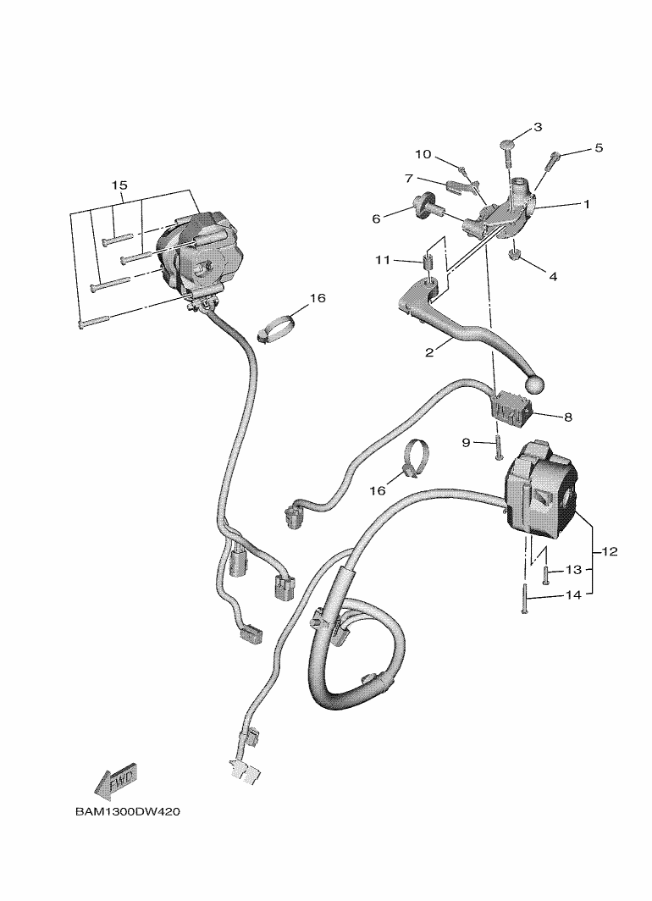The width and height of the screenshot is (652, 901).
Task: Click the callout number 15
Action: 119,185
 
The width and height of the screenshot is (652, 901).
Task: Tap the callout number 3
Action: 537,128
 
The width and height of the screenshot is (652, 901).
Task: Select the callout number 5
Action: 598,148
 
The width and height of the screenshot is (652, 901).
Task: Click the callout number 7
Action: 408,179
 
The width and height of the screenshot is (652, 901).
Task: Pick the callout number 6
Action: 376,218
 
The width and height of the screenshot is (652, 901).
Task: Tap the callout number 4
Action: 552,276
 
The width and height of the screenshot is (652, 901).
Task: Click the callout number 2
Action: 429,352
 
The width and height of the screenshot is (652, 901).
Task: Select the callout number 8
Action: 567,417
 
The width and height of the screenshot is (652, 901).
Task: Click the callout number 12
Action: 610,552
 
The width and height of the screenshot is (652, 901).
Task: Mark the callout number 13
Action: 573,569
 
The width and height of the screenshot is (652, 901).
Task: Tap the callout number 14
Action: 573,595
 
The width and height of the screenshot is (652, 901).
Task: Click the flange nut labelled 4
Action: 513,254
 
